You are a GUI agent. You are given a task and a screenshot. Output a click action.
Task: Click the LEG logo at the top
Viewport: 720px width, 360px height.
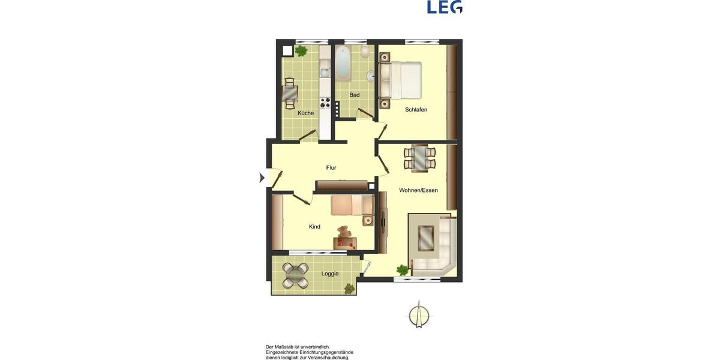pyautogui.click(x=445, y=7)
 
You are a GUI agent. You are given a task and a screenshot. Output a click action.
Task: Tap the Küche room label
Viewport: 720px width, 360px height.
pyautogui.click(x=305, y=113)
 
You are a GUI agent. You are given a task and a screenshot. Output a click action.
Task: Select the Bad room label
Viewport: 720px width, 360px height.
pyautogui.click(x=355, y=95)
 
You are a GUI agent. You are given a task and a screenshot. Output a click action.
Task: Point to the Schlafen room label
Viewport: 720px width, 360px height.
pyautogui.click(x=416, y=109)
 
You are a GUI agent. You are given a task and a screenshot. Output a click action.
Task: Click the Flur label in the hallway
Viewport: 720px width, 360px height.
pyautogui.click(x=331, y=167)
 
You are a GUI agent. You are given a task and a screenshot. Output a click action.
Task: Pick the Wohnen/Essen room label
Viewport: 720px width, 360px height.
pyautogui.click(x=418, y=190)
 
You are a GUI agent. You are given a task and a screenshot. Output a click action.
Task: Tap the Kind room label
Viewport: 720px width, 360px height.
pyautogui.click(x=314, y=227)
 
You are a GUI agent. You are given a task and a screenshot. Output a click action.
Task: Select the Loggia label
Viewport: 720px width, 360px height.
pyautogui.click(x=330, y=274)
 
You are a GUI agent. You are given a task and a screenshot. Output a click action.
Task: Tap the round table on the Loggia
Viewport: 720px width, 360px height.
pyautogui.click(x=296, y=275)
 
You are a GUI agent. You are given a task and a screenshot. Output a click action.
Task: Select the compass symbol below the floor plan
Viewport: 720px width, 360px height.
pyautogui.click(x=419, y=316)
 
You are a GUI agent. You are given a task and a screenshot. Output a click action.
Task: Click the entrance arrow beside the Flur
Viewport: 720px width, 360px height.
pyautogui.click(x=262, y=178)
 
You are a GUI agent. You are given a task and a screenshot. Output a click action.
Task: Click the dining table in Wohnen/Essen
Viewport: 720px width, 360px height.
pyautogui.click(x=419, y=157)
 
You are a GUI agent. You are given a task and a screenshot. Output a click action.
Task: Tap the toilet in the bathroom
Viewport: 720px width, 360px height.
pyautogui.click(x=365, y=52)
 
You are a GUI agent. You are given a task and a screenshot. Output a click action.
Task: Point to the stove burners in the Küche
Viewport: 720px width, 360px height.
pyautogui.click(x=325, y=103)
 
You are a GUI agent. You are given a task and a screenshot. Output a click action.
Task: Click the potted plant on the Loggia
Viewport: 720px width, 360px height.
pyautogui.click(x=349, y=289)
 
